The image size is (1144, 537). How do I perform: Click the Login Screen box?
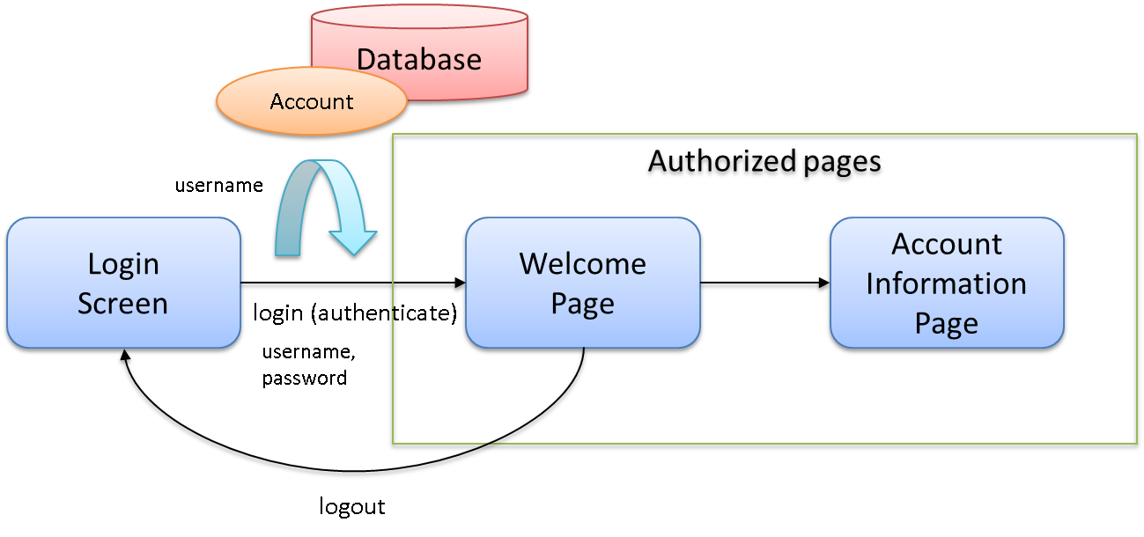point(122,283)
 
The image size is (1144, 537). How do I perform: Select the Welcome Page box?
point(582,283)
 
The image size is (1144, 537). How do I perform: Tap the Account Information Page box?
point(947,283)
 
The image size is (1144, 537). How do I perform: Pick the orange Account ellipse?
point(312,102)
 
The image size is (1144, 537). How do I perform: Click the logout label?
point(352,507)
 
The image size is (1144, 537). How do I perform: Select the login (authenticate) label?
point(355,313)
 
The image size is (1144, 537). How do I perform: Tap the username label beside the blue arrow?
point(218,186)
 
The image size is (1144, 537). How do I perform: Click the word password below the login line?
point(305,379)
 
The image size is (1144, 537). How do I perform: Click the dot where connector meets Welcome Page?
point(456,284)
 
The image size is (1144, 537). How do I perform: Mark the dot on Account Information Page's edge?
point(820,284)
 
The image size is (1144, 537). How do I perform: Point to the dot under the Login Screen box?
point(125,361)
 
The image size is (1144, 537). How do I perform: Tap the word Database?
point(419,59)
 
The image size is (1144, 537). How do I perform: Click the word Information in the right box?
point(947,283)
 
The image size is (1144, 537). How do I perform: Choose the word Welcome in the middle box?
point(582,263)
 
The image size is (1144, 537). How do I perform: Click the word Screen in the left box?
point(122,303)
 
